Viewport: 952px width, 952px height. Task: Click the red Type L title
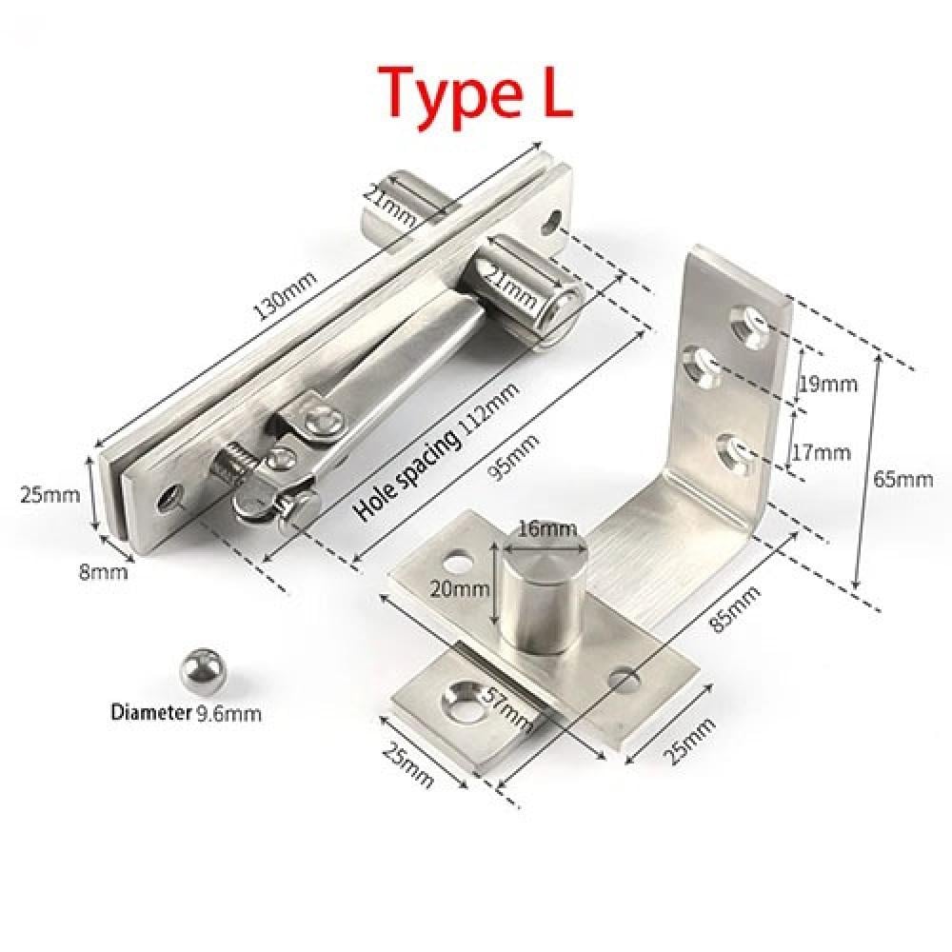point(477,92)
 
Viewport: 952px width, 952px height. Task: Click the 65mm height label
point(907,479)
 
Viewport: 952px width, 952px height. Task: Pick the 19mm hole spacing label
point(824,384)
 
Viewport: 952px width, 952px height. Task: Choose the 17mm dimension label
point(820,452)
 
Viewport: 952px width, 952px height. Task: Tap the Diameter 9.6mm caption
point(185,710)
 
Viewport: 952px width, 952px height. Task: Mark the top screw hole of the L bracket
point(746,321)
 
